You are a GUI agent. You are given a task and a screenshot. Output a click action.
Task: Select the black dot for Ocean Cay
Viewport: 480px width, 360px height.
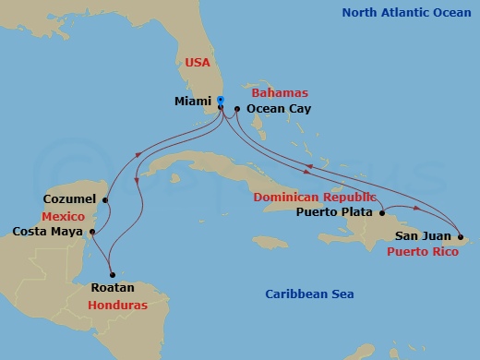(x=236, y=109)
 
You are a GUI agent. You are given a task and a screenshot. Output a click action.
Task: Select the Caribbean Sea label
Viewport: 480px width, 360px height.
(x=309, y=294)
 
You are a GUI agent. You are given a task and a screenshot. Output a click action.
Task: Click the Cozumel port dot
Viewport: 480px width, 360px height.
(x=105, y=199)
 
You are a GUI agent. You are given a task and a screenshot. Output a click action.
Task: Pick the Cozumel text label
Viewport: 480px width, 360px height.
(x=71, y=199)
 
